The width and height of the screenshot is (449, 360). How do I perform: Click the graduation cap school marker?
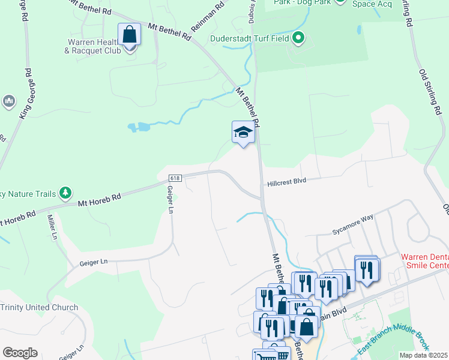click(x=243, y=132)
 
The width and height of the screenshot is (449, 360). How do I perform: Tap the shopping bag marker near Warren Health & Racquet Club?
click(x=129, y=34)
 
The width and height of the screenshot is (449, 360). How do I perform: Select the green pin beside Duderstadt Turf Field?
click(x=298, y=40)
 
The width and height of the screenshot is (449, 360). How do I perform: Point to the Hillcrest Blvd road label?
click(x=287, y=181)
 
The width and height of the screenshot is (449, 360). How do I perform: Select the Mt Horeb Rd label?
click(x=100, y=200)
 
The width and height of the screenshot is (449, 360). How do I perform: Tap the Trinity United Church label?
click(x=39, y=307)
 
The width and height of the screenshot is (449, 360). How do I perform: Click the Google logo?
click(x=20, y=352)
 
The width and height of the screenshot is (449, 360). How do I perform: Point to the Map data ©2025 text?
click(x=423, y=355)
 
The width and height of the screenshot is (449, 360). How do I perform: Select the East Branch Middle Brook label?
click(x=393, y=339)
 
